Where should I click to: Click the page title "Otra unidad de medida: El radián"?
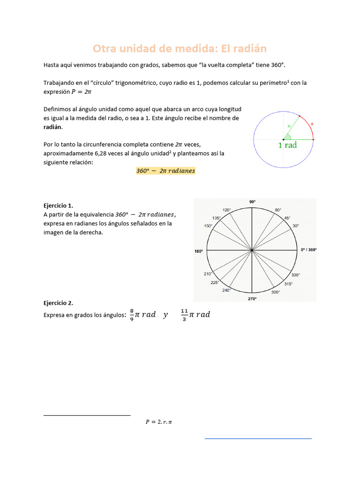[180, 49]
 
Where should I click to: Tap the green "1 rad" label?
[287, 145]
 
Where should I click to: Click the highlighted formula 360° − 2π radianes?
[165, 171]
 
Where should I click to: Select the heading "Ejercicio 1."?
[58, 205]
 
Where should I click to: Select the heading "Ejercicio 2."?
[58, 303]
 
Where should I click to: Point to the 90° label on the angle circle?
[252, 202]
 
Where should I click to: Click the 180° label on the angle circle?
[199, 251]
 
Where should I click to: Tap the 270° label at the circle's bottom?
[252, 299]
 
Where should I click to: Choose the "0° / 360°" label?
[308, 250]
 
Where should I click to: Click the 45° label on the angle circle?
[287, 217]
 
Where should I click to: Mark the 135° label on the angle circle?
[216, 218]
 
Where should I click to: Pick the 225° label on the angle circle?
[215, 282]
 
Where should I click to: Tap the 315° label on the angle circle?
[289, 284]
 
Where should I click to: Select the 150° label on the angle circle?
[208, 226]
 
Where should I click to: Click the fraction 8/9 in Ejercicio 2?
[132, 315]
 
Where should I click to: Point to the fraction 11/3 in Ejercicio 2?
[184, 315]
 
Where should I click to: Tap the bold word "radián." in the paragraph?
[52, 127]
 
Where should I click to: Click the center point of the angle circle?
[252, 250]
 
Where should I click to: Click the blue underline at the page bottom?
[258, 439]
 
